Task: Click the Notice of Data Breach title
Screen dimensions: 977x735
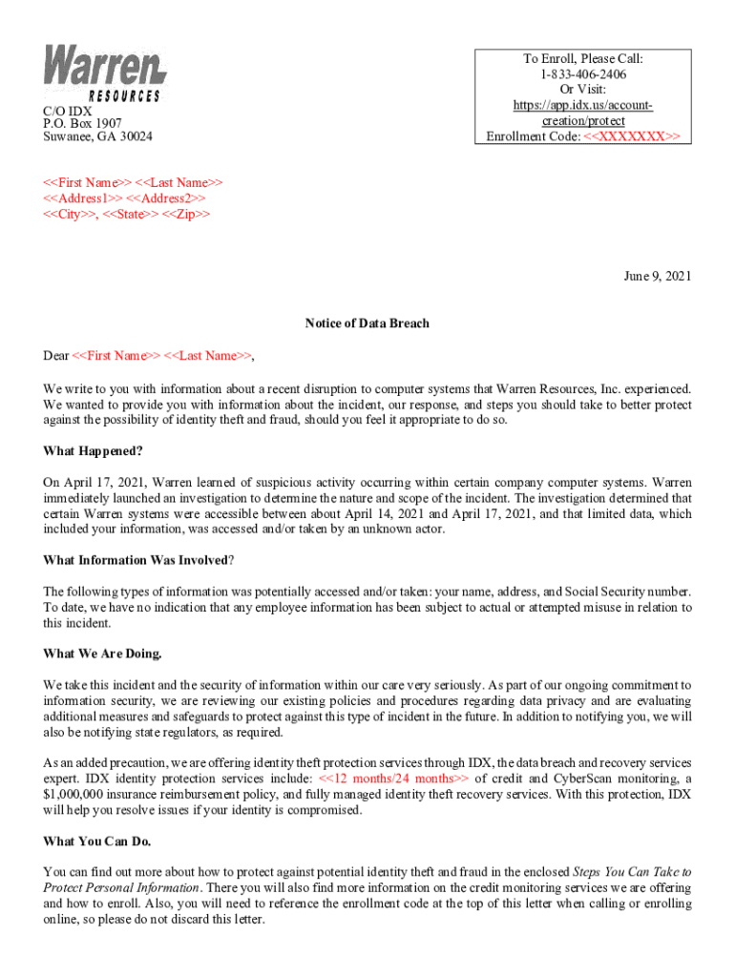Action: coord(367,323)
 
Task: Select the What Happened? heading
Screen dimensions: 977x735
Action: coord(93,450)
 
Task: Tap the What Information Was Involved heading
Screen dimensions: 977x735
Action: coord(138,560)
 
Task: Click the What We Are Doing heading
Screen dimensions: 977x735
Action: coord(103,654)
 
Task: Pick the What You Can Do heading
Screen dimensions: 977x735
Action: coord(97,842)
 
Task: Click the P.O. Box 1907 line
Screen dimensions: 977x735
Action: coord(82,123)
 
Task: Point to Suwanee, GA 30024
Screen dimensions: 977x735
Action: coord(97,136)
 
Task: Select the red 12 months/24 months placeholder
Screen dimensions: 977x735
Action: coord(394,779)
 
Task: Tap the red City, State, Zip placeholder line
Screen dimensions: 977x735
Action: coord(127,215)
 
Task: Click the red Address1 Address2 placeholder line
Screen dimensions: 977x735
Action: coord(124,198)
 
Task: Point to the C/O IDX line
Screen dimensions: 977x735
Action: coord(68,111)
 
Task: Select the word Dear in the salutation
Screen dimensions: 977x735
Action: coord(56,356)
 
